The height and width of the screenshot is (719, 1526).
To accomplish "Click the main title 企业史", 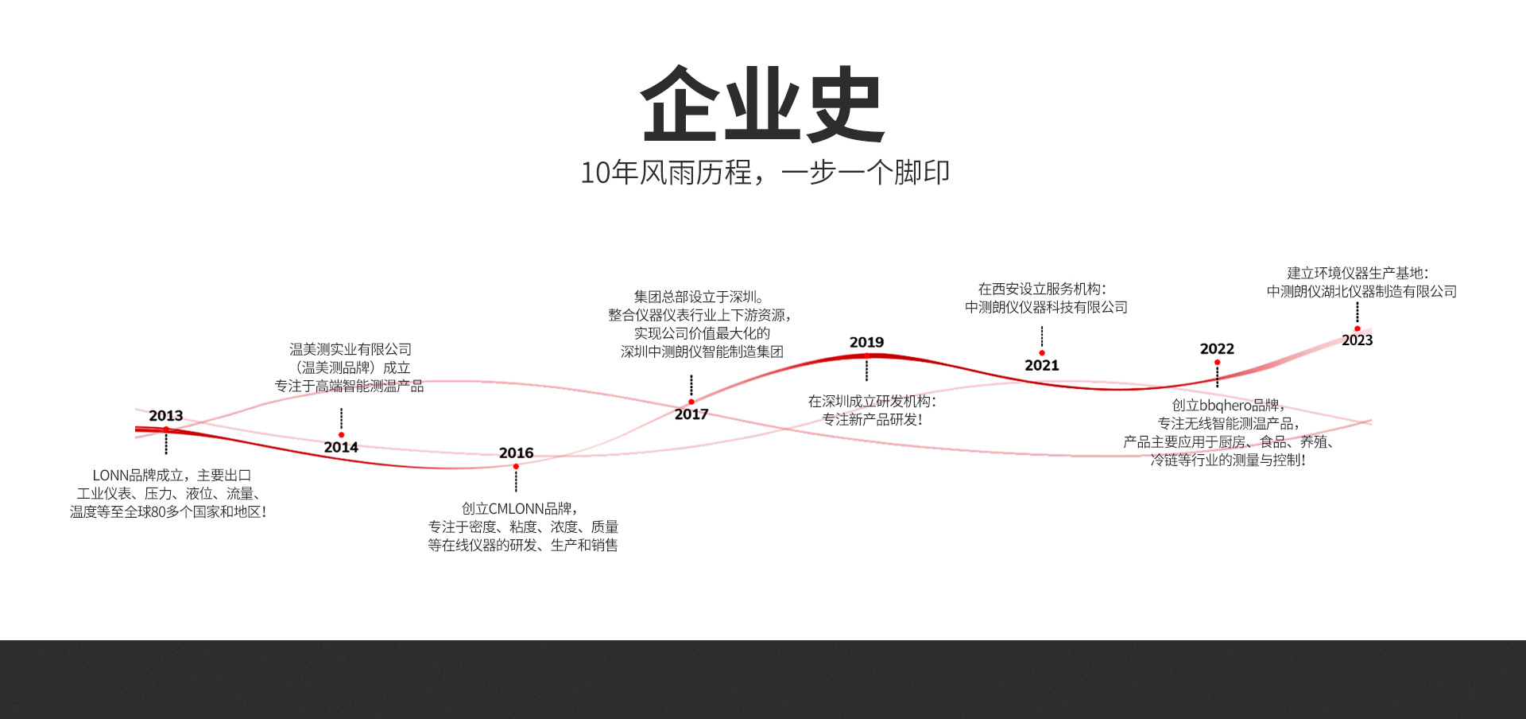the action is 762,104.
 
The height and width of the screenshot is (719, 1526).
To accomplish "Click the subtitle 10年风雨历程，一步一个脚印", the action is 765,172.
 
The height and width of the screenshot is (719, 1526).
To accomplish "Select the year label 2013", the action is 165,415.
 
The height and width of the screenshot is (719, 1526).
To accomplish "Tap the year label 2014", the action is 341,447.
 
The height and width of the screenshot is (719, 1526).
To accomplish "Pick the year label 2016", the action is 516,453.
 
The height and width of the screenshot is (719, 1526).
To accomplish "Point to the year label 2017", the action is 691,414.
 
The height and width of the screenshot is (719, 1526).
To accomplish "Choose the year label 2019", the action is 866,342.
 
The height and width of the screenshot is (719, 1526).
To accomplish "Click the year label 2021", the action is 1041,365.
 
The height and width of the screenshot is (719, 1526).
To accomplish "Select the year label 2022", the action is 1217,348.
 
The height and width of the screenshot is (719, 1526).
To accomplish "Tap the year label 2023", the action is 1357,340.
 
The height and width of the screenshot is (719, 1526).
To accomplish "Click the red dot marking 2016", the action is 516,466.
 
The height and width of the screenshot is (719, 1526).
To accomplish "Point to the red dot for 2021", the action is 1041,352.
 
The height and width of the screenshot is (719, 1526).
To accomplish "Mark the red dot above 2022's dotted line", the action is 1217,362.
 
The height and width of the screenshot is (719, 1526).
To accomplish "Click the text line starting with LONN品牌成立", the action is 172,475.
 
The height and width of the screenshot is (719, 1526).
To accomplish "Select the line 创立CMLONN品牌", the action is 520,508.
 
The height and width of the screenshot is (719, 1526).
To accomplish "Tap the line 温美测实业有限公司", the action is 351,349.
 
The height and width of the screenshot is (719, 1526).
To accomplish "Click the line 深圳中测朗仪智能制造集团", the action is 702,352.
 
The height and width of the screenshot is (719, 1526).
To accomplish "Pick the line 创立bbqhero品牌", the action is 1228,405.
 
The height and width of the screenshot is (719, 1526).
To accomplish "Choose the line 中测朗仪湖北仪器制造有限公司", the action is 1361,291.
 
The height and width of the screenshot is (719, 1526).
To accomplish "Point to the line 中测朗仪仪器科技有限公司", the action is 1046,307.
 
